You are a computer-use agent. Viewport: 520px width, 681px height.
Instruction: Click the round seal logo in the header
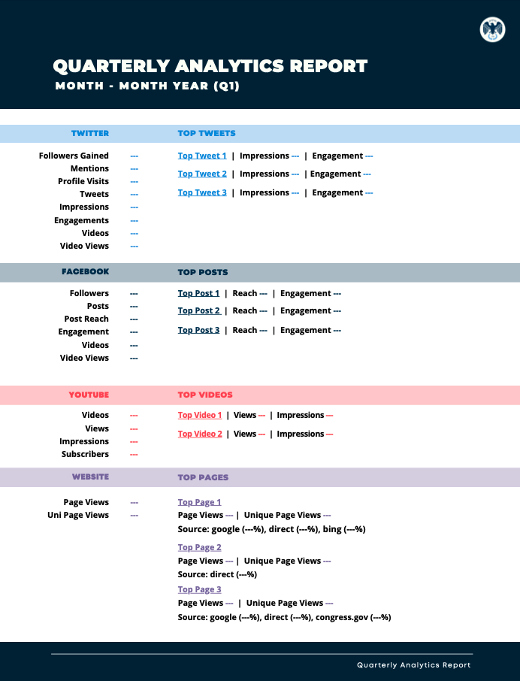tap(492, 29)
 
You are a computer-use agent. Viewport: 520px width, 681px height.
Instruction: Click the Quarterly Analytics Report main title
tap(210, 66)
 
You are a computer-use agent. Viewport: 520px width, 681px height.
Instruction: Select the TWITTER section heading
tap(90, 133)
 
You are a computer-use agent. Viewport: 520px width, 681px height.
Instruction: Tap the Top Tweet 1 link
tap(202, 156)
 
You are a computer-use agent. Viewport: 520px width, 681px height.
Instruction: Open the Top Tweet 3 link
tap(202, 192)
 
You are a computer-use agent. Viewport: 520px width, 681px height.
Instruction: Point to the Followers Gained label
tap(74, 156)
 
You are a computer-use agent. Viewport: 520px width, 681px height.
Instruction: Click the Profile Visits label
tap(83, 181)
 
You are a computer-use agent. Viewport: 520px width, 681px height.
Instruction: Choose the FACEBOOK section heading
tap(86, 271)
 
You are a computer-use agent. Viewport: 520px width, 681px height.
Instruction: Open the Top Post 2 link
tap(199, 310)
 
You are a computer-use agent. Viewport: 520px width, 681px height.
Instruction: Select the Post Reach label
tap(86, 319)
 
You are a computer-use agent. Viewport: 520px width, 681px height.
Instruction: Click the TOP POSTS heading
tap(203, 272)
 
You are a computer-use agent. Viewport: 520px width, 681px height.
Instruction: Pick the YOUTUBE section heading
tap(89, 395)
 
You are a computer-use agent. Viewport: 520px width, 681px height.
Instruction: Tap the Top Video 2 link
tap(200, 434)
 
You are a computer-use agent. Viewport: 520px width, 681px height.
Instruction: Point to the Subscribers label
tap(85, 454)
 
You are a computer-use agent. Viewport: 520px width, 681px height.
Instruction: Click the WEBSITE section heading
tap(90, 477)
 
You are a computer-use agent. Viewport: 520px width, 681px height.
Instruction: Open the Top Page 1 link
tap(199, 502)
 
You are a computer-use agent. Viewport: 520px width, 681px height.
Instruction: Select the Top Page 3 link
tap(199, 589)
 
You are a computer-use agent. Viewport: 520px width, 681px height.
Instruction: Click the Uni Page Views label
tap(78, 515)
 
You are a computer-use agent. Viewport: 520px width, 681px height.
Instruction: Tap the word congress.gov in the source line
tap(342, 617)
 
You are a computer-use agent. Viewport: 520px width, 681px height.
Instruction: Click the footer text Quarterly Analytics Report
tap(414, 665)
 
